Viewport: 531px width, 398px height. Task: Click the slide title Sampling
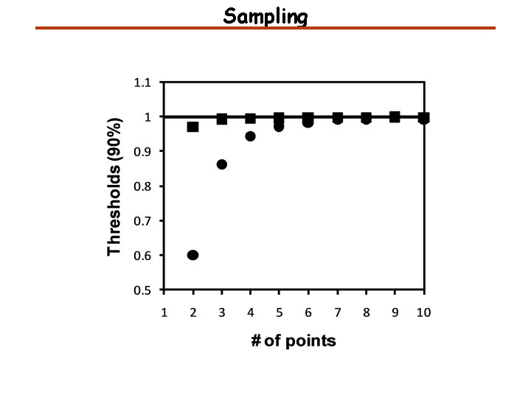(265, 16)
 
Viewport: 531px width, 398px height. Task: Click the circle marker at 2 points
(193, 255)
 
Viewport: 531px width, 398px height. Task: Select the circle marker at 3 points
(222, 164)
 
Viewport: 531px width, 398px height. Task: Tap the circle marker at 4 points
(251, 136)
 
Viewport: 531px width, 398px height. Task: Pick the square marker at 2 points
(193, 127)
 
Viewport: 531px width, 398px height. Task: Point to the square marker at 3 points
(222, 119)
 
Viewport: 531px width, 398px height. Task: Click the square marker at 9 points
(395, 116)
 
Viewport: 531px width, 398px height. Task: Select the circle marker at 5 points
(279, 127)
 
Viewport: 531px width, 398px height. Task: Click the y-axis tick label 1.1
(142, 83)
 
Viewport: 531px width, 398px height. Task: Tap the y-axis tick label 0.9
(142, 152)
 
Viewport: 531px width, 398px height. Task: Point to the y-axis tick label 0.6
(142, 256)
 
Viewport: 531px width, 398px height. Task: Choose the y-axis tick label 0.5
(142, 290)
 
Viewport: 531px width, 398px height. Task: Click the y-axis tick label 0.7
(142, 221)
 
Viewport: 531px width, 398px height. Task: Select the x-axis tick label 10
(423, 312)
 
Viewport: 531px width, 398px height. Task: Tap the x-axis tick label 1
(164, 312)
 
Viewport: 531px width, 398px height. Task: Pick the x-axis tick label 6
(308, 312)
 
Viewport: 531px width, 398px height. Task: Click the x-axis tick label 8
(366, 312)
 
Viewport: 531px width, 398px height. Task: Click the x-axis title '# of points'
(294, 341)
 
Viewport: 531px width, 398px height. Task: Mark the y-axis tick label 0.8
(142, 186)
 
